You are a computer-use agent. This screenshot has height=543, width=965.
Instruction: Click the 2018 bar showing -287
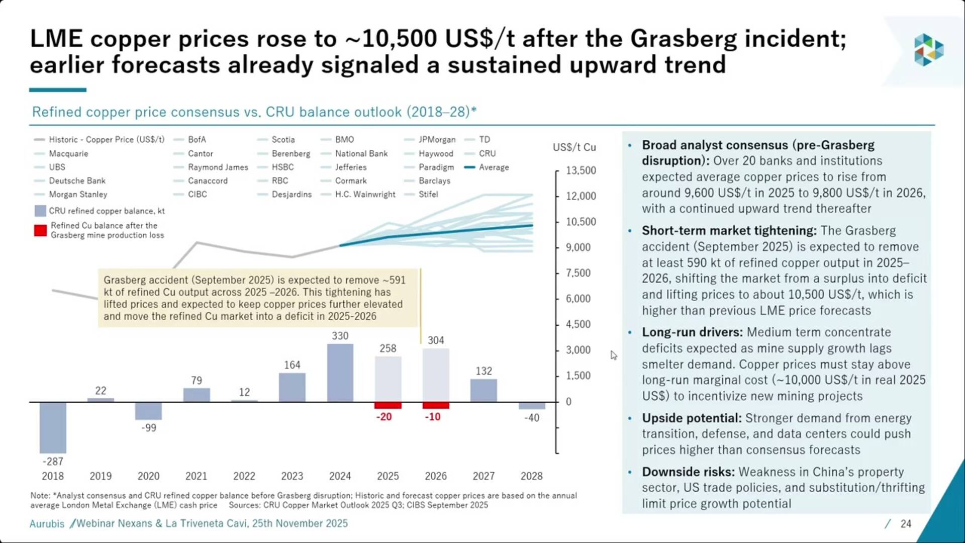point(53,427)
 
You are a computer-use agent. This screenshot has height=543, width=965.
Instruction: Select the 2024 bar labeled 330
point(340,373)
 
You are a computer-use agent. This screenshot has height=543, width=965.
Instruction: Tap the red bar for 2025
point(388,405)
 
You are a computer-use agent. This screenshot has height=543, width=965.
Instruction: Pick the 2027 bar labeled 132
point(484,390)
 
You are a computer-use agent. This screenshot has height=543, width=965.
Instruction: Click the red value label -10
point(433,417)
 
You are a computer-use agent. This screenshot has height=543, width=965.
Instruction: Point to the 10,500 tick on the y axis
point(581,222)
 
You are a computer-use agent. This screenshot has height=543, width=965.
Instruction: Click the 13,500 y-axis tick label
point(581,170)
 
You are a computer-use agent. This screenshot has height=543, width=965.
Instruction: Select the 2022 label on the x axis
point(244,476)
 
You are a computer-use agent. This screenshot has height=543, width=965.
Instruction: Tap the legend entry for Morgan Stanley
point(78,194)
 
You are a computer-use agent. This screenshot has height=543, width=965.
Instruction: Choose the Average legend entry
point(494,167)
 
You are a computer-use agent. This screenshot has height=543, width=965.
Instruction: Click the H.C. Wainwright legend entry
point(365,194)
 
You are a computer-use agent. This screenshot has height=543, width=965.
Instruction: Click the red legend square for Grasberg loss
point(40,230)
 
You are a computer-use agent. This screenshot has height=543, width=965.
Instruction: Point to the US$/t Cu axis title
point(574,147)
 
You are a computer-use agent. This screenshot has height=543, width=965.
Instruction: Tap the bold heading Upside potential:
point(692,418)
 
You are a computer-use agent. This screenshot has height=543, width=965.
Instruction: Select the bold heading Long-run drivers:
point(692,332)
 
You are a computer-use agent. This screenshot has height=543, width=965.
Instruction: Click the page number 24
point(906,524)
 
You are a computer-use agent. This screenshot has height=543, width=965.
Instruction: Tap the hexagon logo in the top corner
point(928,50)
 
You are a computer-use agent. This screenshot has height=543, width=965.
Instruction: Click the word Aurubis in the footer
point(47,524)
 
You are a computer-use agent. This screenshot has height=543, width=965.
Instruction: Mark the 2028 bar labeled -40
point(532,406)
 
